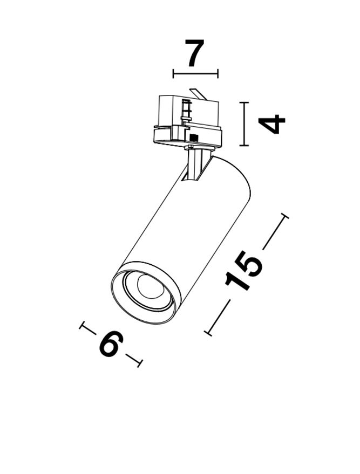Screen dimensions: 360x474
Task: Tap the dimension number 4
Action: click(x=271, y=124)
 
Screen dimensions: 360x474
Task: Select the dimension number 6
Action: click(x=111, y=344)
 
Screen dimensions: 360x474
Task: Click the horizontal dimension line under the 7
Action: click(x=195, y=73)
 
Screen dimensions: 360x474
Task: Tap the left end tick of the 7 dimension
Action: click(x=173, y=73)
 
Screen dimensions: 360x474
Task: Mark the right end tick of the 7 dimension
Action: click(x=218, y=73)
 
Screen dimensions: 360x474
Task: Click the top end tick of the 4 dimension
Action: click(x=244, y=103)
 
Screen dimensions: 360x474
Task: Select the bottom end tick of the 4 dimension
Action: click(x=244, y=146)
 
